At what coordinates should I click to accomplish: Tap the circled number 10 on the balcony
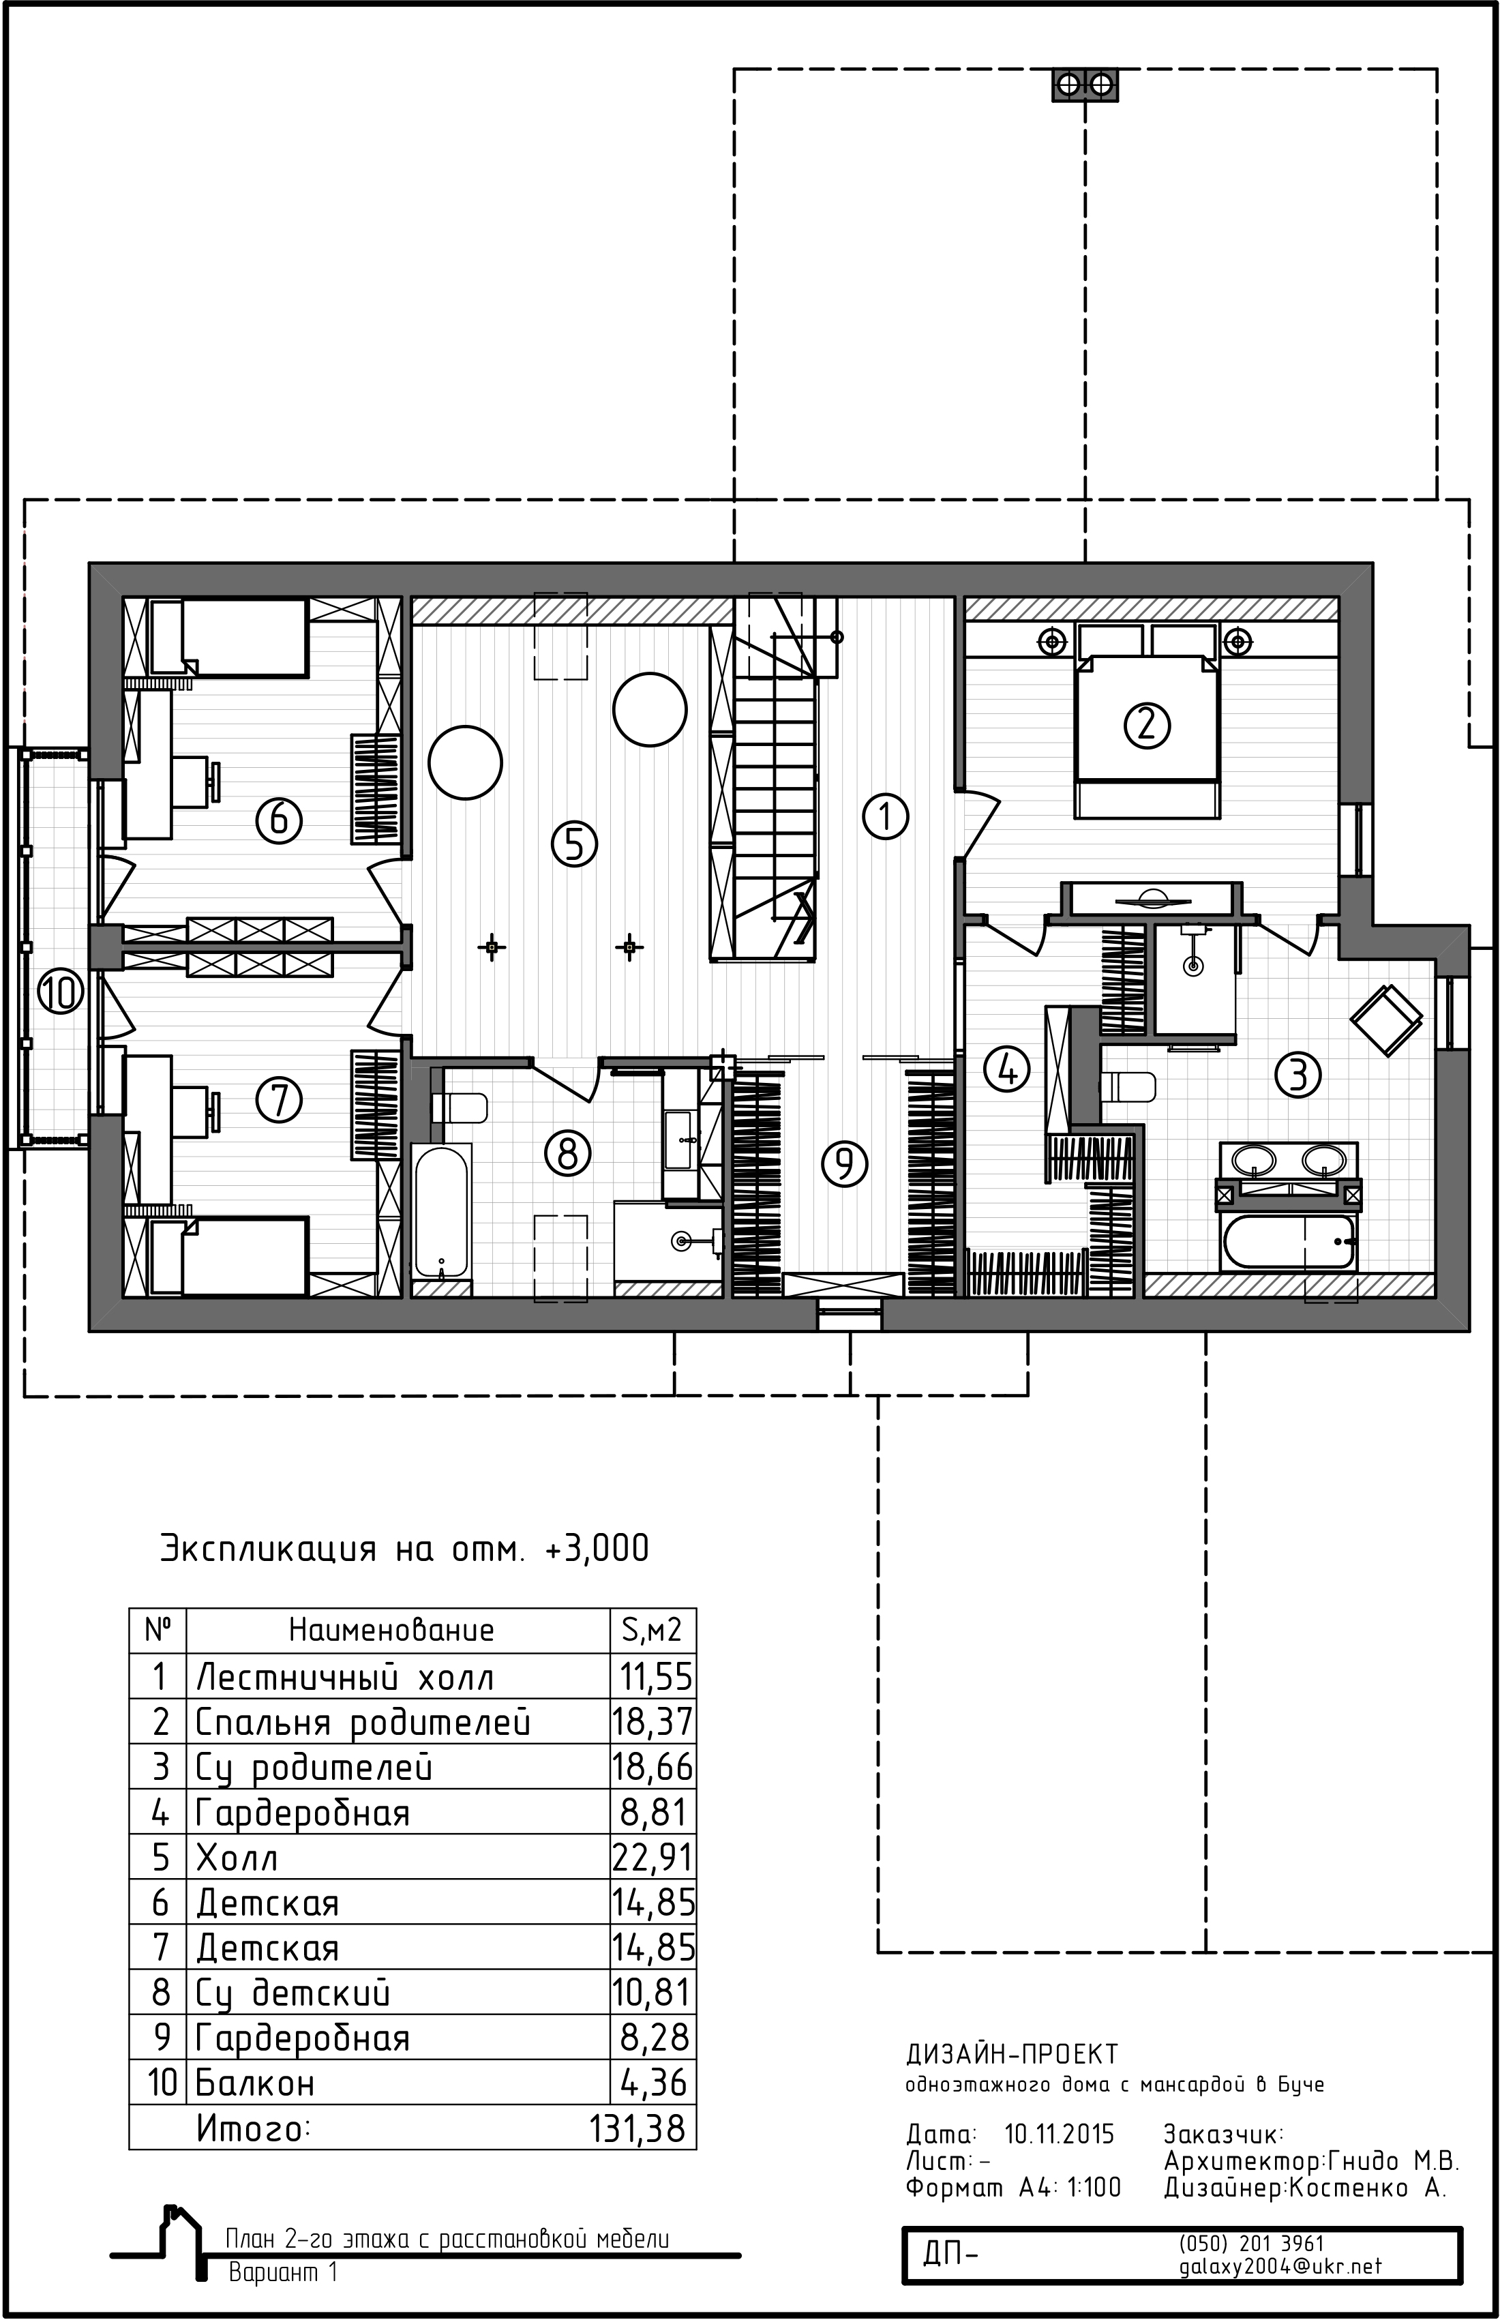(x=61, y=994)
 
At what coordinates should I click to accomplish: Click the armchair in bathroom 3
(x=1386, y=1020)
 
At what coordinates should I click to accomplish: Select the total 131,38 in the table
(x=638, y=2129)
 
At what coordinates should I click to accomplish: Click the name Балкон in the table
(x=255, y=2083)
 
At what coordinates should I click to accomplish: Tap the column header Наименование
(x=391, y=1631)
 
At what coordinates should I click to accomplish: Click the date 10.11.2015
(x=1060, y=2135)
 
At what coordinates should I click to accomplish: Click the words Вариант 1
(x=282, y=2272)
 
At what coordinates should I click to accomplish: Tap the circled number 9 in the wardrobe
(x=845, y=1162)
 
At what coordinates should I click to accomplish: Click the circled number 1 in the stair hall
(x=886, y=816)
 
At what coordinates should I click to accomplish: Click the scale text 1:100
(x=1094, y=2188)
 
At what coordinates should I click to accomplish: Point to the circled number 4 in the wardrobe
(x=1007, y=1069)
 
